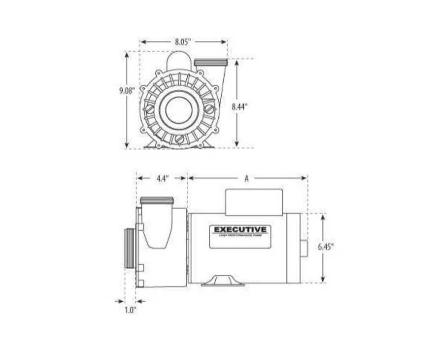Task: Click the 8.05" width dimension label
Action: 183,41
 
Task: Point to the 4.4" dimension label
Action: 162,178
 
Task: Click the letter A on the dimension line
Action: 246,179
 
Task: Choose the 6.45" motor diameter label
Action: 325,247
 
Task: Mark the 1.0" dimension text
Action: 130,311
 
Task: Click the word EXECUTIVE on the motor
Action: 240,229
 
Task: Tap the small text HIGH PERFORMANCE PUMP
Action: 240,236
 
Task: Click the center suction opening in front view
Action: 177,109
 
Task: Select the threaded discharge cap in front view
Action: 210,63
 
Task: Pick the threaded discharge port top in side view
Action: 157,201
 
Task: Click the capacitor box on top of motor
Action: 254,201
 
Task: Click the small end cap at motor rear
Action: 304,248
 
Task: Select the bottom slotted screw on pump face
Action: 179,140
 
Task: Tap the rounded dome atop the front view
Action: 178,61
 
